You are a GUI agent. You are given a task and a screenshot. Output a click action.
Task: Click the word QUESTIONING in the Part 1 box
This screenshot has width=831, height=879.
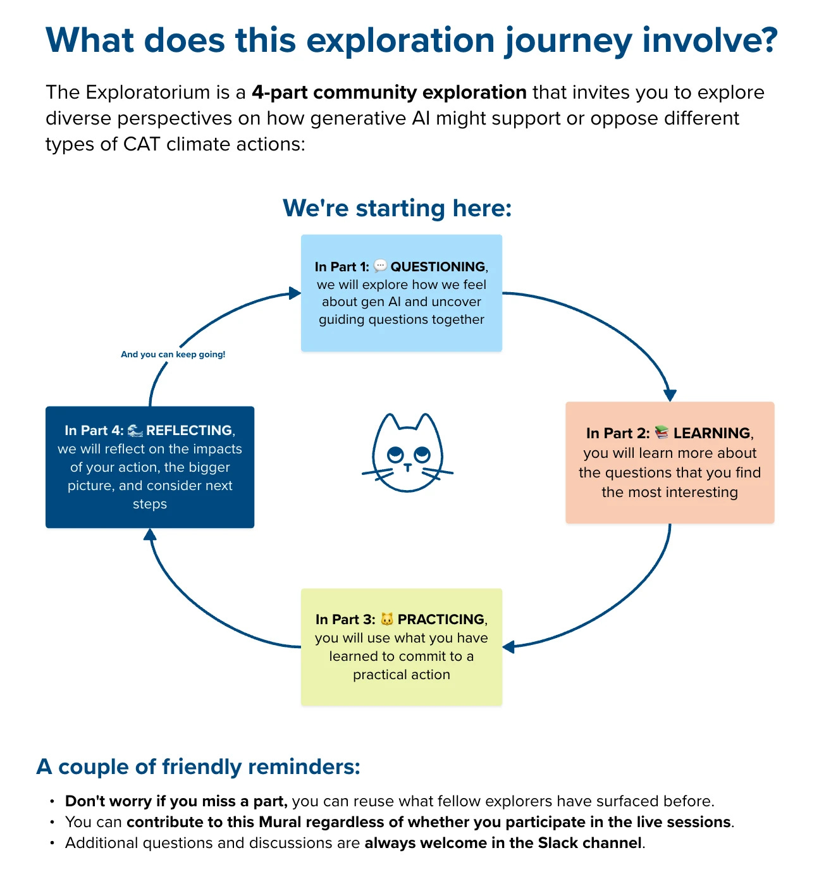pos(438,267)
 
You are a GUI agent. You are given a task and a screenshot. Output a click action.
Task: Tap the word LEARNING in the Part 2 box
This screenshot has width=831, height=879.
pos(711,433)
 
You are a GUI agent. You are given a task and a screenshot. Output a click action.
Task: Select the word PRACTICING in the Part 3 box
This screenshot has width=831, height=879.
pos(441,620)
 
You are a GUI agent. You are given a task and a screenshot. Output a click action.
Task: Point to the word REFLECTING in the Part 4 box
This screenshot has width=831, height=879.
pos(189,431)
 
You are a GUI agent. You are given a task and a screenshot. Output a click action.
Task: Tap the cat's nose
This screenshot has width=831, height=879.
pos(408,467)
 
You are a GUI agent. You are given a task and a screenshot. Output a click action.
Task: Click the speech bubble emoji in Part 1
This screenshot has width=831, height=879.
pos(380,266)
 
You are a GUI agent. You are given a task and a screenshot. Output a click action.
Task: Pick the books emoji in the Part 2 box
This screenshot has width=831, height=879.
pos(662,433)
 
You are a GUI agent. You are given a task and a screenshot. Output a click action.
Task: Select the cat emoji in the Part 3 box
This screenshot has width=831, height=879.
pos(387,619)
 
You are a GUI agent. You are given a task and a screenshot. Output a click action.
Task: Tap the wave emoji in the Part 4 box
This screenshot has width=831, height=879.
pos(135,431)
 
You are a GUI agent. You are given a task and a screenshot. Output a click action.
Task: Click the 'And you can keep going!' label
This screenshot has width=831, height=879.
pos(173,355)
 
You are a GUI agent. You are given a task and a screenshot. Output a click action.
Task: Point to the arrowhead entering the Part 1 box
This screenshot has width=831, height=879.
pos(294,293)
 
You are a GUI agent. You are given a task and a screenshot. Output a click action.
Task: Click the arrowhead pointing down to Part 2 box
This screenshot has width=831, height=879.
pos(670,395)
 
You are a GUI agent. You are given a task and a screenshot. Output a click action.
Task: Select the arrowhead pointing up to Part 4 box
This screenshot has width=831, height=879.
pos(150,535)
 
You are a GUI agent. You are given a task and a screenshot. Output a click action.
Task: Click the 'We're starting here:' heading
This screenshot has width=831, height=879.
pos(397,208)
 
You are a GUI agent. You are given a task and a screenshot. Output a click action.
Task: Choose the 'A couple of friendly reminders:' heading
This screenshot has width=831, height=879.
pos(199,766)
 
